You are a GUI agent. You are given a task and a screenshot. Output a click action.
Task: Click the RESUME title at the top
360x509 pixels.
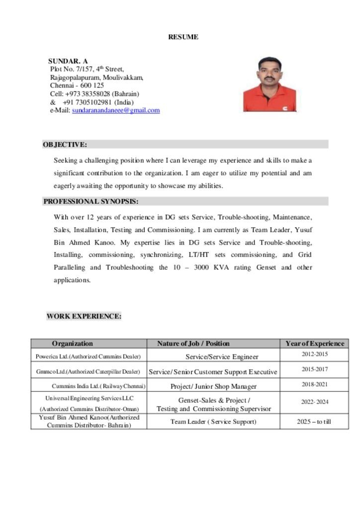pyautogui.click(x=183, y=37)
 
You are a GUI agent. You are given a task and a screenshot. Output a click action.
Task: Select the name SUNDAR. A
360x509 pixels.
pyautogui.click(x=68, y=61)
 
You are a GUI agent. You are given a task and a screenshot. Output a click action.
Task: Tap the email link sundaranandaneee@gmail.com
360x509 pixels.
pyautogui.click(x=116, y=110)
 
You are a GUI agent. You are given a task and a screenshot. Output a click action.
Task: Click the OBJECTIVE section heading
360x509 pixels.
pyautogui.click(x=65, y=145)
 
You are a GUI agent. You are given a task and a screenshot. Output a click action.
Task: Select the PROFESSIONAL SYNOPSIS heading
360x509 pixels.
pyautogui.click(x=91, y=201)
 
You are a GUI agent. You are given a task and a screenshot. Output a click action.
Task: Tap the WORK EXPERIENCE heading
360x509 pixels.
pyautogui.click(x=84, y=316)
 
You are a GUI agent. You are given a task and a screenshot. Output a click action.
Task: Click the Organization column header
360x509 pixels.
pyautogui.click(x=73, y=343)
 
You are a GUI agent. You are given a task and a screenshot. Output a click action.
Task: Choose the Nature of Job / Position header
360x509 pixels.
pyautogui.click(x=193, y=343)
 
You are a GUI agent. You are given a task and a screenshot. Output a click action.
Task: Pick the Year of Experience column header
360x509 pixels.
pyautogui.click(x=315, y=343)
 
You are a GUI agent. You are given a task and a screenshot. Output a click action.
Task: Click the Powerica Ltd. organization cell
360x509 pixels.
pyautogui.click(x=89, y=356)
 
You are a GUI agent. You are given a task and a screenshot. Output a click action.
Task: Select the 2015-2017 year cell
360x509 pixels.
pyautogui.click(x=315, y=369)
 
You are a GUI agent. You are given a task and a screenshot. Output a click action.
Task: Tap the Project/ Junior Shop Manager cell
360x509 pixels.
pyautogui.click(x=213, y=386)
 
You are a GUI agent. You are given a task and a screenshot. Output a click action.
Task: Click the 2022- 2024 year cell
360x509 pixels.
pyautogui.click(x=315, y=402)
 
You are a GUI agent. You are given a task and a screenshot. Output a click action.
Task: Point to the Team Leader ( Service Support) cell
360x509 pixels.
pyautogui.click(x=213, y=422)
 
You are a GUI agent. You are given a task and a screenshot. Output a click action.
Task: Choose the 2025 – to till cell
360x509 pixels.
pyautogui.click(x=314, y=422)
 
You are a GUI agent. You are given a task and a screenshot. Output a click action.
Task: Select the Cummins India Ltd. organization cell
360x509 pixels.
pyautogui.click(x=98, y=386)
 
